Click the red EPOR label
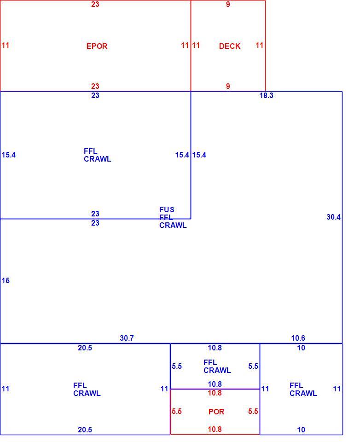[x=97, y=46]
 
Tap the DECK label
[x=229, y=46]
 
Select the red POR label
[x=216, y=412]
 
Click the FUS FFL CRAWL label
[x=173, y=217]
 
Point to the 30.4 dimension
[x=333, y=217]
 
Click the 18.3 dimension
[x=266, y=95]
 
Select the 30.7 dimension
[x=127, y=337]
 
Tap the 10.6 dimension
[x=298, y=337]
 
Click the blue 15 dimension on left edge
[x=6, y=280]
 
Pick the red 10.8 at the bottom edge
[x=215, y=429]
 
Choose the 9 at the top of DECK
[x=228, y=4]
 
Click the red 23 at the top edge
[x=95, y=4]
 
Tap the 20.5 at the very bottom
[x=85, y=430]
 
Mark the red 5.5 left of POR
[x=177, y=411]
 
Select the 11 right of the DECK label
[x=259, y=45]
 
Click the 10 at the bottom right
[x=301, y=430]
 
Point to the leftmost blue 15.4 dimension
[x=8, y=155]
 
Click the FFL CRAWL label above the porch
[x=217, y=366]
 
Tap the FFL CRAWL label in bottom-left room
[x=87, y=390]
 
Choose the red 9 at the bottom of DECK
[x=228, y=86]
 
